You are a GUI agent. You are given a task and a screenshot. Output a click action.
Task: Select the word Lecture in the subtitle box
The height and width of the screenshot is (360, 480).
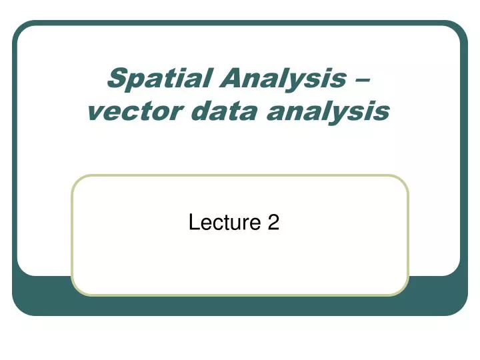[x=225, y=223]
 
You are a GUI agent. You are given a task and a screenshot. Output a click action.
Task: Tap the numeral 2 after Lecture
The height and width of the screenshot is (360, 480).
[x=273, y=223]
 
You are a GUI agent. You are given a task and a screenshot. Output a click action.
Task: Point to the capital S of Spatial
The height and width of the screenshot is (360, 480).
[x=116, y=79]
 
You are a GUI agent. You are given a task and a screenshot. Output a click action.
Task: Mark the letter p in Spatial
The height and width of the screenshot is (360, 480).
[x=133, y=81]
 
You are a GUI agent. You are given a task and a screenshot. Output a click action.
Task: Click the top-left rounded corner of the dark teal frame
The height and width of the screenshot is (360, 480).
[x=17, y=25]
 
